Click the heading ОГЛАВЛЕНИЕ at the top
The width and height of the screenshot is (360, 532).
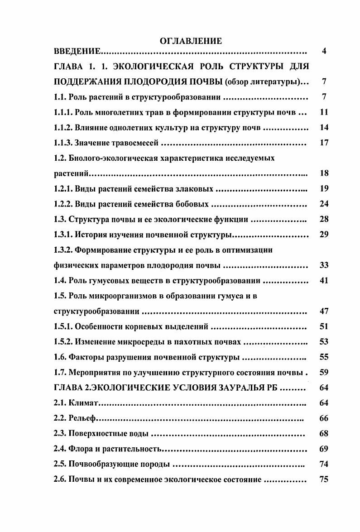(191, 41)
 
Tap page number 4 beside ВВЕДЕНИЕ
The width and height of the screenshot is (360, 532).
(324, 51)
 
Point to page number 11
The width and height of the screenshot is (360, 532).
(324, 112)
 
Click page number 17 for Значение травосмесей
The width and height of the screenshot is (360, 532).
(324, 143)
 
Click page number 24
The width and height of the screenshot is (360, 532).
(324, 204)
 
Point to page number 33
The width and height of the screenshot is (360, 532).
(324, 265)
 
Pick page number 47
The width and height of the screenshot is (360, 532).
(324, 311)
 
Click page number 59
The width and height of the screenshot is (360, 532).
(324, 373)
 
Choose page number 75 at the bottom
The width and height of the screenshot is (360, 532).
(324, 479)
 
